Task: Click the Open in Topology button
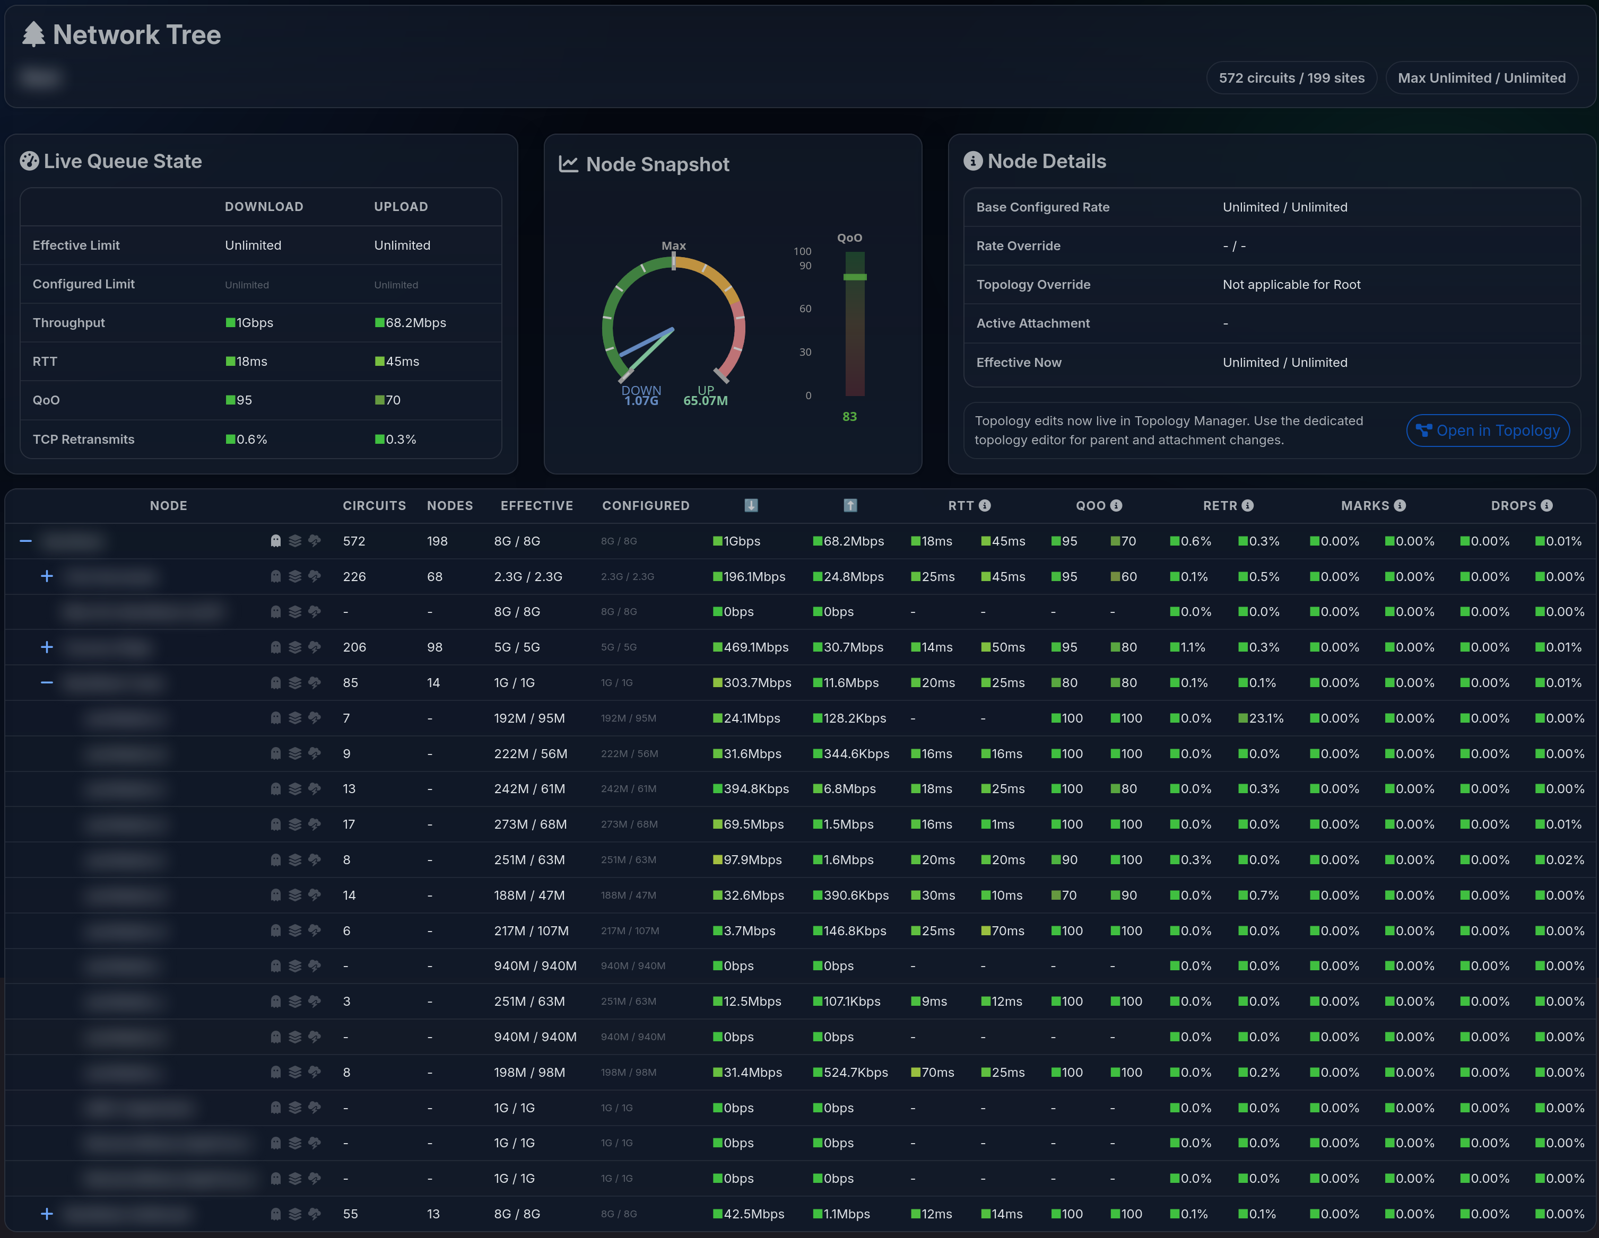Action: pyautogui.click(x=1488, y=430)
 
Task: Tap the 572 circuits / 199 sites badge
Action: pyautogui.click(x=1291, y=77)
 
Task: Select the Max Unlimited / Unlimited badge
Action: pyautogui.click(x=1481, y=77)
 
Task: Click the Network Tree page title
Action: pyautogui.click(x=136, y=34)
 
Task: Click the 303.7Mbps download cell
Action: pyautogui.click(x=757, y=683)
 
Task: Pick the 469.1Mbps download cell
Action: pyautogui.click(x=755, y=647)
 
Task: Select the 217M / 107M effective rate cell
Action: pyautogui.click(x=531, y=930)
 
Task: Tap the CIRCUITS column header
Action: pyautogui.click(x=374, y=506)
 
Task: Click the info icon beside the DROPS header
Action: pyautogui.click(x=1546, y=506)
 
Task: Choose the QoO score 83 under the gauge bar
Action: pyautogui.click(x=849, y=416)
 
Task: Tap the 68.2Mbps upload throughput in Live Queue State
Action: pyautogui.click(x=415, y=323)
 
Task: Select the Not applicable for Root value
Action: pyautogui.click(x=1291, y=285)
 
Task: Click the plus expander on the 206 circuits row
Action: pyautogui.click(x=47, y=647)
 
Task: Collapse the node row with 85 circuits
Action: pyautogui.click(x=47, y=683)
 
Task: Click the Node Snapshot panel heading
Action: pyautogui.click(x=657, y=165)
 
